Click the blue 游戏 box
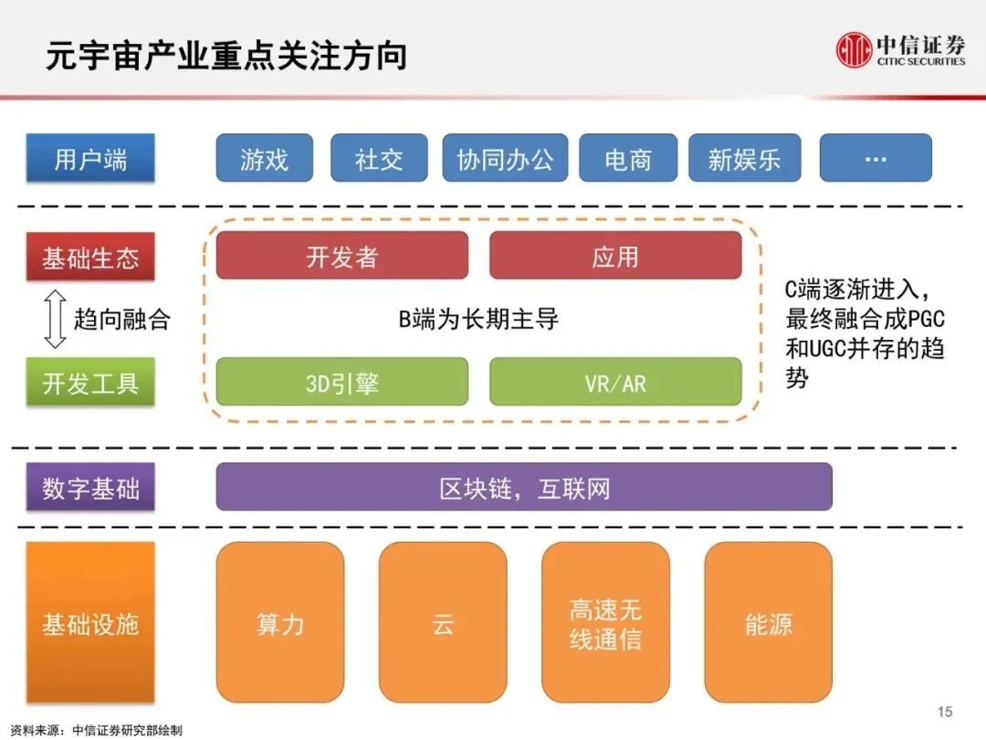tap(264, 158)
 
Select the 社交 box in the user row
tap(379, 158)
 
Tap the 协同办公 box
tap(505, 158)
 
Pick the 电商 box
tap(628, 158)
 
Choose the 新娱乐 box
tap(744, 158)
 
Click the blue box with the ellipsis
tap(875, 158)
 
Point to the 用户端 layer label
tap(90, 158)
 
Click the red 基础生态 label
tap(90, 257)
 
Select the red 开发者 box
tap(341, 256)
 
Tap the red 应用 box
tap(615, 256)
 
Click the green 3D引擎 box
tap(341, 382)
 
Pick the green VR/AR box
tap(615, 382)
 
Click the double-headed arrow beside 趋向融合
tap(55, 319)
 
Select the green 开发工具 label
tap(90, 382)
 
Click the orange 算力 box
tap(280, 623)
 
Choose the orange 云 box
tap(443, 623)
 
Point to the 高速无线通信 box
tap(605, 623)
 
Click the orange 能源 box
tap(768, 623)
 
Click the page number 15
tap(944, 712)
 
